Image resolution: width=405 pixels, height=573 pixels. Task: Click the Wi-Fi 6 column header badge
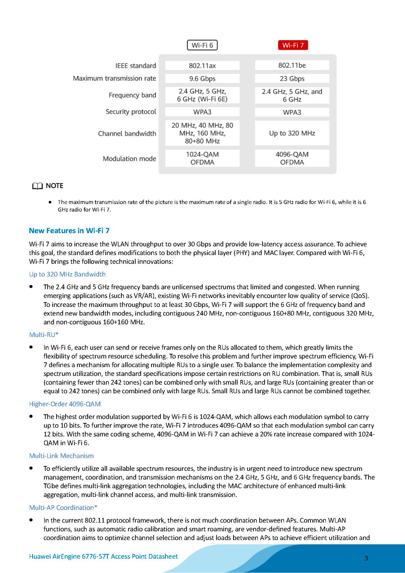coord(202,45)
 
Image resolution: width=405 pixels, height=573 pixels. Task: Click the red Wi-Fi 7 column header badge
coord(293,45)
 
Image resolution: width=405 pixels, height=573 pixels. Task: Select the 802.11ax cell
coord(202,66)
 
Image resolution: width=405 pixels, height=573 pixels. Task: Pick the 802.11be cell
coord(292,65)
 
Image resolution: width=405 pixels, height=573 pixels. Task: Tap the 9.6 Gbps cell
coord(202,78)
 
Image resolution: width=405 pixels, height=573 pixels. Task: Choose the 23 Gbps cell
coord(292,78)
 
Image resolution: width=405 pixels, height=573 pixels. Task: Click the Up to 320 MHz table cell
coord(292,133)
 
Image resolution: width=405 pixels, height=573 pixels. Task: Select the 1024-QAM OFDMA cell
coord(202,158)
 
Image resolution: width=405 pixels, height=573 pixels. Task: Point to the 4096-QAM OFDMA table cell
coord(292,158)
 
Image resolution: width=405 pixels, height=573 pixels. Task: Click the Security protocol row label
coord(131,112)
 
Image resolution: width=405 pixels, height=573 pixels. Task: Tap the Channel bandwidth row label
coord(127,134)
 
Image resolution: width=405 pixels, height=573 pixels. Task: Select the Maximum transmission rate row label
coord(114,78)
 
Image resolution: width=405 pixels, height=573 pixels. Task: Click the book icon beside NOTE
coord(37,186)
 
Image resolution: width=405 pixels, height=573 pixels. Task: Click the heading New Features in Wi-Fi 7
coord(69,231)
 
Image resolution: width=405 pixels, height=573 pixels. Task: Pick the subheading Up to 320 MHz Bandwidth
coord(67,274)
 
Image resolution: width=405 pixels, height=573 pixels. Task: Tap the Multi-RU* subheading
coord(44,335)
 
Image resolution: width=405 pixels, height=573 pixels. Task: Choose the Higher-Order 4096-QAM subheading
coord(65,404)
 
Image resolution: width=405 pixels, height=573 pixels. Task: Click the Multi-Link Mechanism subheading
coord(61,456)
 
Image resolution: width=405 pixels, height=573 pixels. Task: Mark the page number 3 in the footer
coord(366,558)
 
